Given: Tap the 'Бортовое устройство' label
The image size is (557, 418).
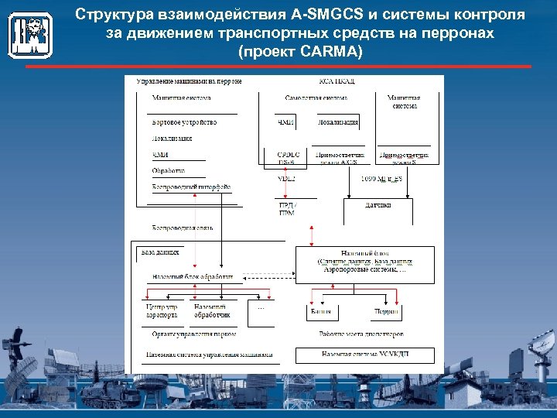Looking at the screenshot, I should point(184,122).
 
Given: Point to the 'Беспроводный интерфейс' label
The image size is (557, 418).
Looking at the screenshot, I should point(191,187).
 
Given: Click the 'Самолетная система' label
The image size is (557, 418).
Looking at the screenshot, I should point(316,98).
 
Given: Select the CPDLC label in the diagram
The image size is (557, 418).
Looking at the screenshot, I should point(287,155).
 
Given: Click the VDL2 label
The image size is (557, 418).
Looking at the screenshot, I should point(286,179).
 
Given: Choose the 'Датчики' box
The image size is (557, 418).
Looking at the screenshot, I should point(378,205).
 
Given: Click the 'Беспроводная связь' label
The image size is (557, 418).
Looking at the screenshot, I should point(183,228).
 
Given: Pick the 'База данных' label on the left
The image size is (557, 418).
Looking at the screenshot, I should point(160,252).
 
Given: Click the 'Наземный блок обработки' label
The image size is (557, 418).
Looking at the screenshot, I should point(193,276).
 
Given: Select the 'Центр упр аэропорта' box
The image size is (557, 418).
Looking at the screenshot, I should point(162,311).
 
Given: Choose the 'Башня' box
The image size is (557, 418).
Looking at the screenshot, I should point(321,311).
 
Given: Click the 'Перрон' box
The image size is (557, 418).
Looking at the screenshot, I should point(387,311).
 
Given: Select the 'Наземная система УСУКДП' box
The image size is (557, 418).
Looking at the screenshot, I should point(364,355).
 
